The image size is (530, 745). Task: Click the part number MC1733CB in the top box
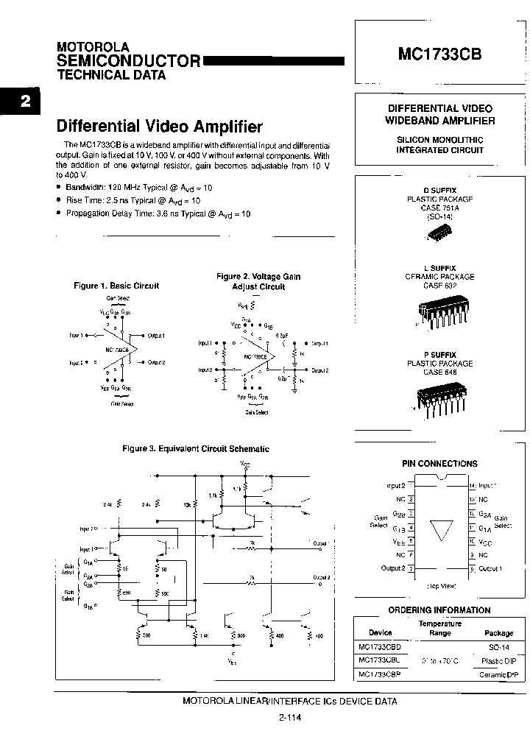pos(440,54)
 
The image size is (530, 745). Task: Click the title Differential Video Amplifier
pos(160,127)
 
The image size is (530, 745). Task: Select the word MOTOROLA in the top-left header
pos(93,46)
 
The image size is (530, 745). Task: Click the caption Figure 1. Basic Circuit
pos(116,286)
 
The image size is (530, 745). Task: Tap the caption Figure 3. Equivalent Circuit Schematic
pos(195,448)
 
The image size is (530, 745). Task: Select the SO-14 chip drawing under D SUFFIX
pos(439,234)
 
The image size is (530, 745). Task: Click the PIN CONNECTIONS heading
pos(439,464)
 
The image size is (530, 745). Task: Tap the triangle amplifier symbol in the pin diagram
pos(440,530)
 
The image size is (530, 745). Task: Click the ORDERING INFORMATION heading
pos(439,610)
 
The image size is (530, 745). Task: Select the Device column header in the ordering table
pos(381,632)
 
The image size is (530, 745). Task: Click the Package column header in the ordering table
pos(498,632)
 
